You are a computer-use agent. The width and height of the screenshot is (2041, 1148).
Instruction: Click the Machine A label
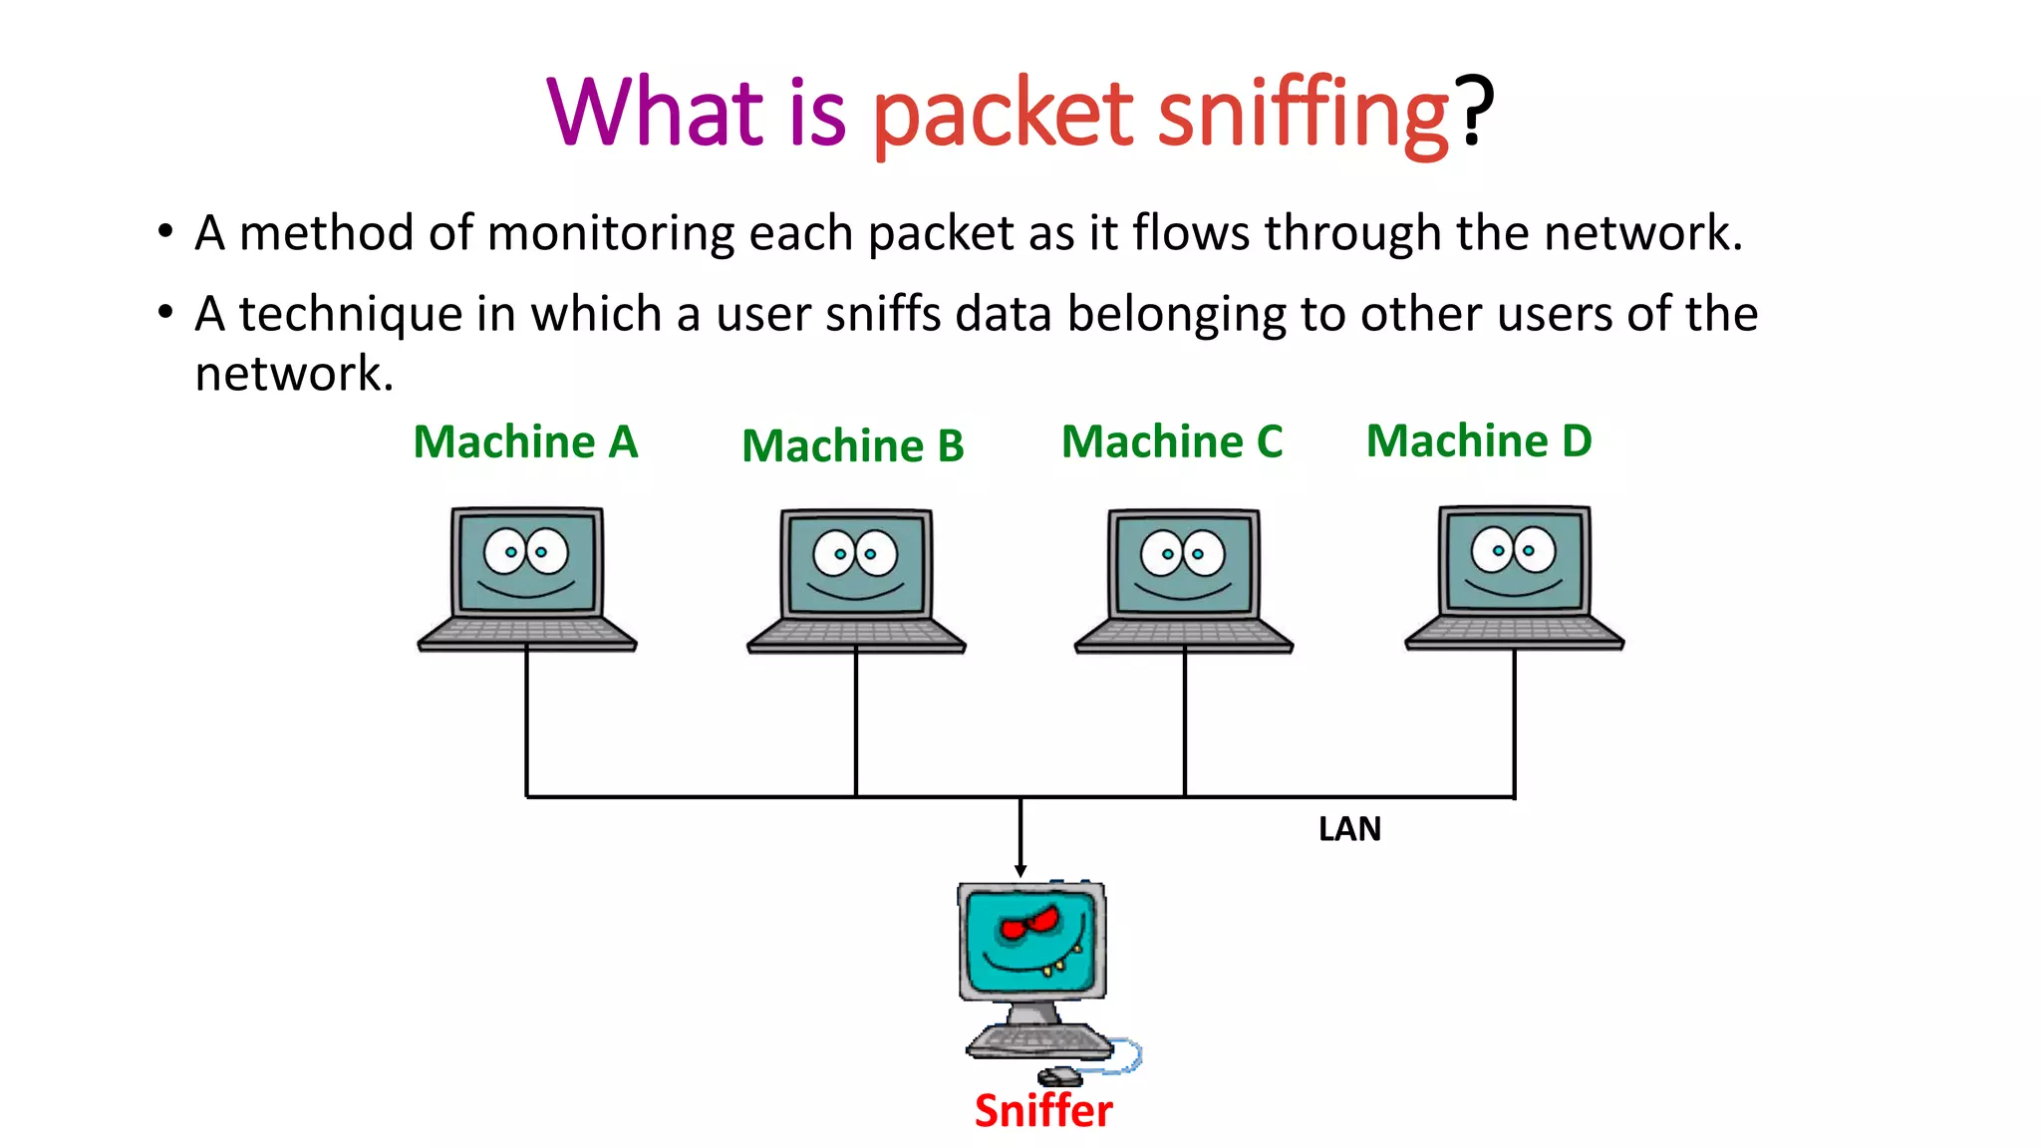525,441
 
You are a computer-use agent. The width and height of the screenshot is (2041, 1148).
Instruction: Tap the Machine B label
853,445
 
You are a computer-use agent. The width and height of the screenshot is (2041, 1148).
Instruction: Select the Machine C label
1172,441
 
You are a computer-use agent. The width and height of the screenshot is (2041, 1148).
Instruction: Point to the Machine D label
1479,440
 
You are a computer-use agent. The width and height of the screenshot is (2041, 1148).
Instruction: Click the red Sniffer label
1043,1110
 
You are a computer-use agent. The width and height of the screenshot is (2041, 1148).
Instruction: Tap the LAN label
1349,829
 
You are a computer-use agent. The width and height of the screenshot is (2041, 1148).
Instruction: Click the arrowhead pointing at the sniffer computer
1020,871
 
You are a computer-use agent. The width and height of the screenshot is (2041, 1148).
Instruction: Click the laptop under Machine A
527,578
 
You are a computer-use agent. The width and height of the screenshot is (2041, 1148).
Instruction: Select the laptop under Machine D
1514,578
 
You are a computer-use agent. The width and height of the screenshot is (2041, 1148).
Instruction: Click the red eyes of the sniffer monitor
1029,924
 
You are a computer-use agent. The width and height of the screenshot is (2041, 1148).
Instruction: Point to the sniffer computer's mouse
1060,1076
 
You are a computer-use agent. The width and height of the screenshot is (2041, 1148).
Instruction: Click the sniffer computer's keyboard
1038,1041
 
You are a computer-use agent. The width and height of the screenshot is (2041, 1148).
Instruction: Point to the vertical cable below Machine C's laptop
1185,722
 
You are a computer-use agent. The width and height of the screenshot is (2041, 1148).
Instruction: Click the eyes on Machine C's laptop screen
1183,553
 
